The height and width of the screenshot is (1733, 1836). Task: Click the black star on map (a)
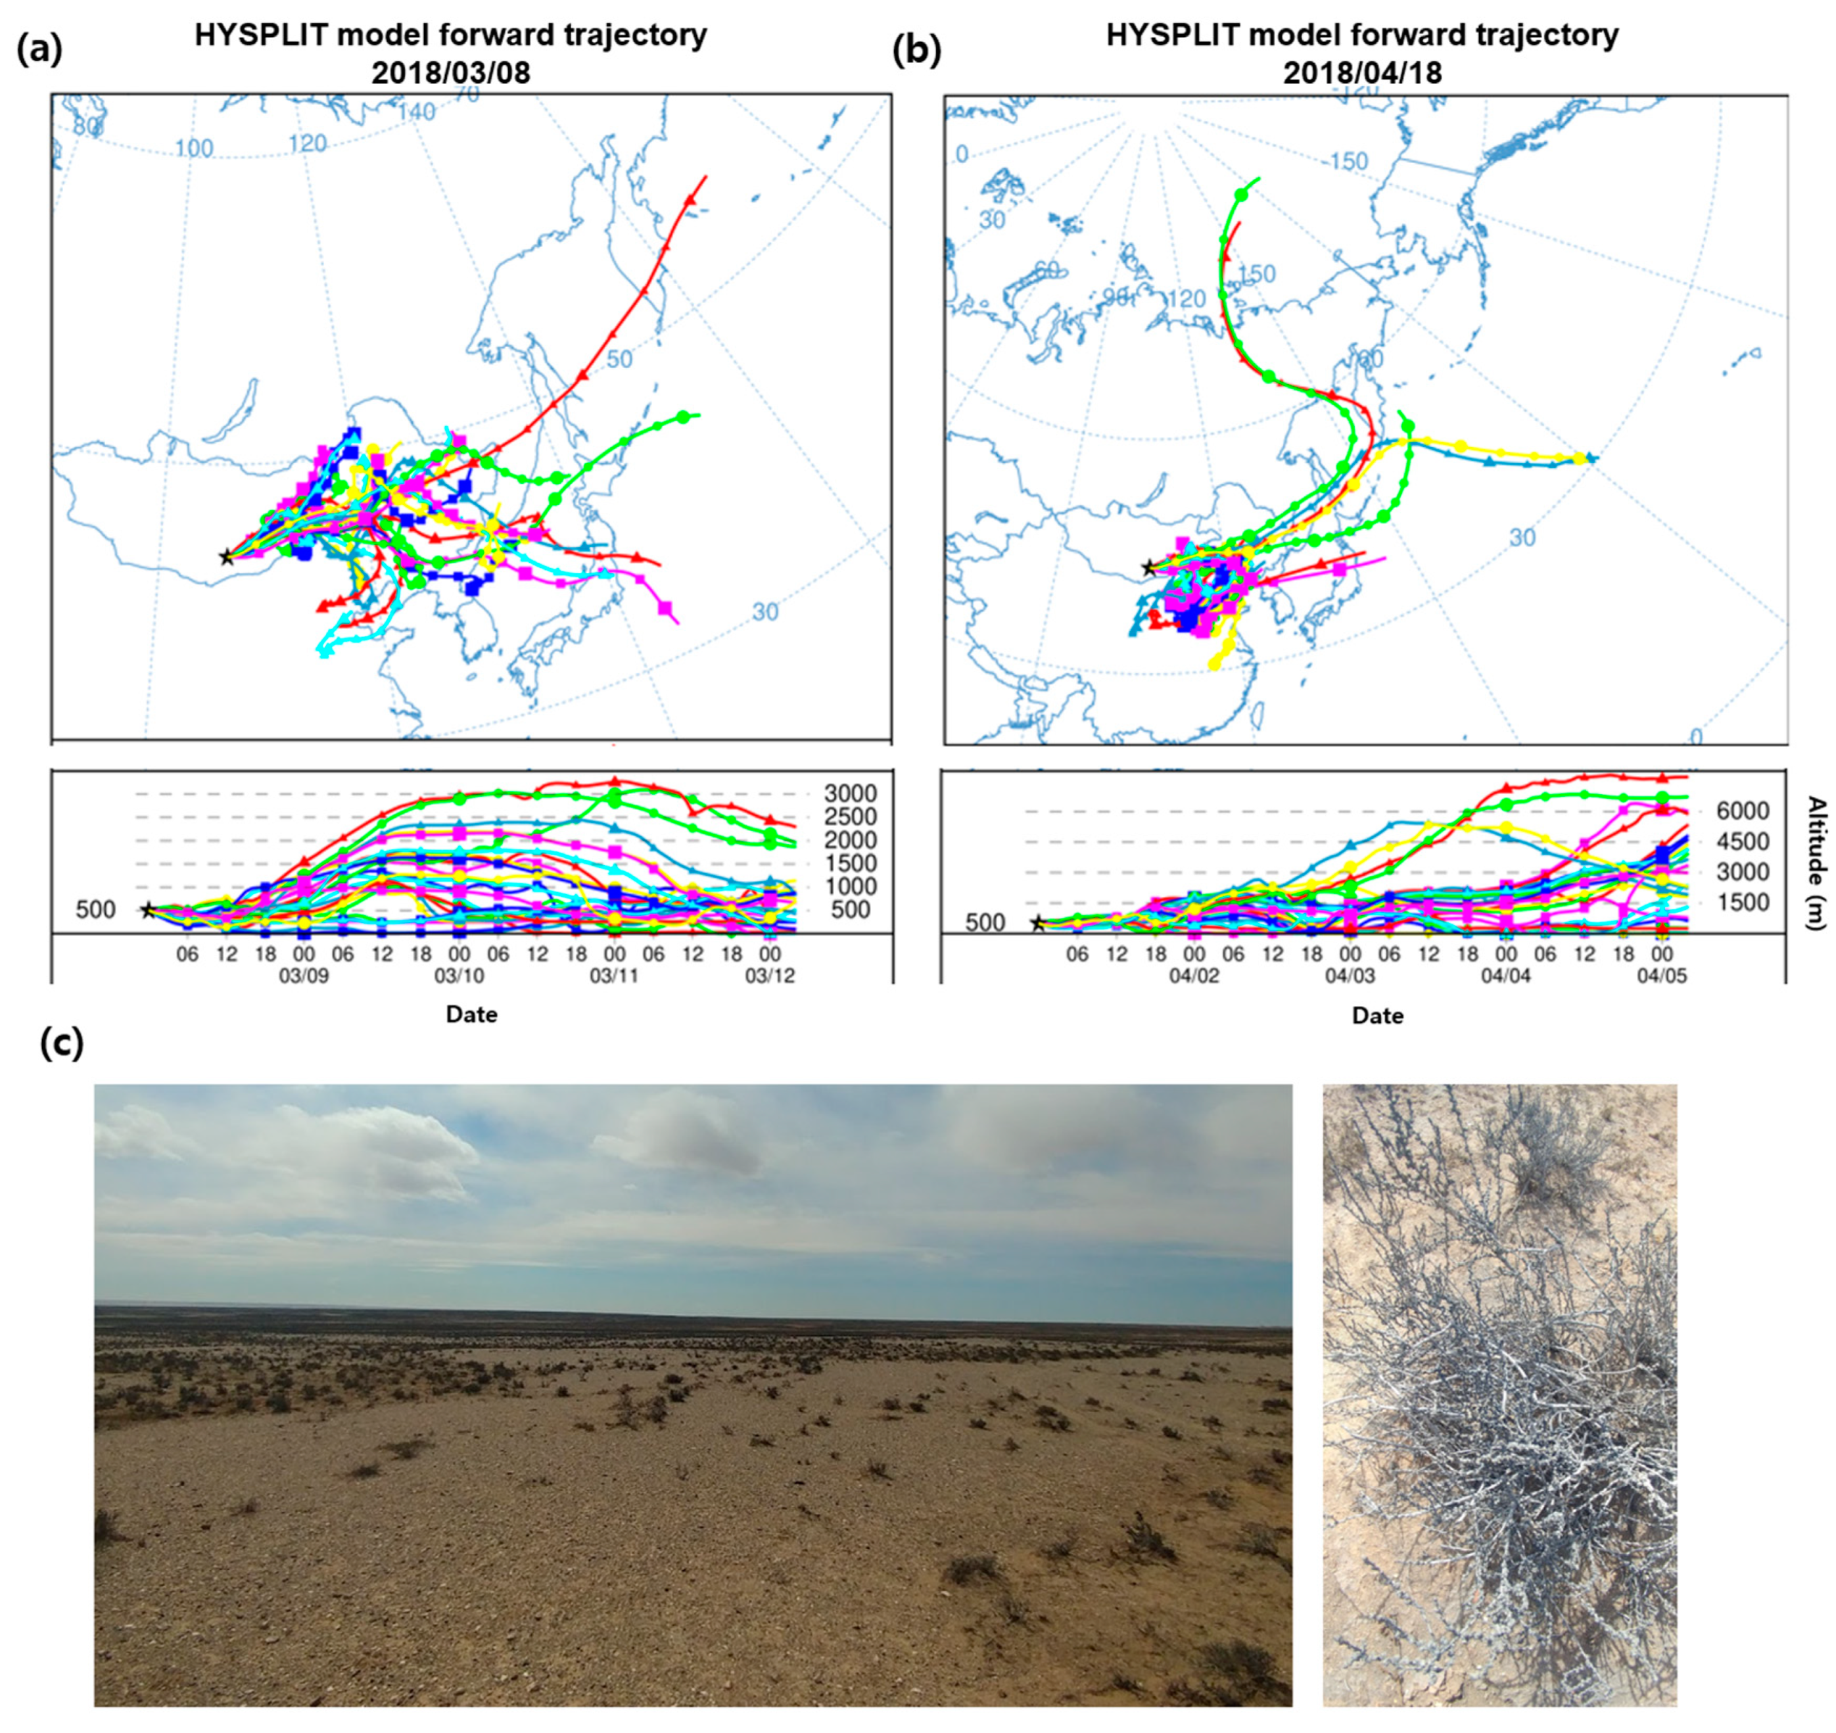225,556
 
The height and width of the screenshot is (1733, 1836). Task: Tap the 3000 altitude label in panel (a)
851,794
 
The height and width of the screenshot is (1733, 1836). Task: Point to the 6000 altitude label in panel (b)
1743,811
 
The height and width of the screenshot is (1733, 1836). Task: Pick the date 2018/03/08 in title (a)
451,73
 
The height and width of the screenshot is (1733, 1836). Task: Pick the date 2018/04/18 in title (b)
1362,73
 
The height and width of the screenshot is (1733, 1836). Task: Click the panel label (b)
916,51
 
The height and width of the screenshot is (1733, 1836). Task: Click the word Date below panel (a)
471,1014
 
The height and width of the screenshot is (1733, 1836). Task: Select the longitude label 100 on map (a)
194,148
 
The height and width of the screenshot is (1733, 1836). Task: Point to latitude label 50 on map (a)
620,358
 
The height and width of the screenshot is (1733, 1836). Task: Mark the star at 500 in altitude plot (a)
147,910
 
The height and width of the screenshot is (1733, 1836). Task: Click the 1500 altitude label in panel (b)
1743,903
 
